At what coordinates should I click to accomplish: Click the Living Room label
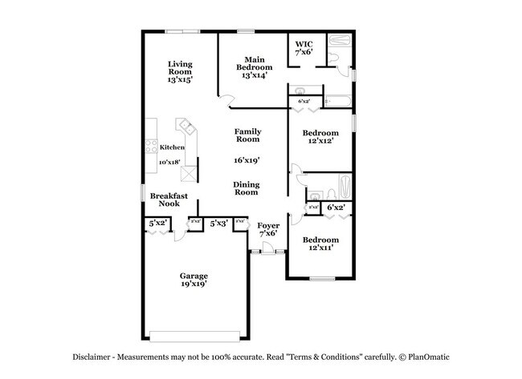[179, 73]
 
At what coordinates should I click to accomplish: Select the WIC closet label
[304, 48]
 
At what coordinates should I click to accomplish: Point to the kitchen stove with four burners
[150, 147]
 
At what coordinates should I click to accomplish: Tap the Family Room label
[247, 135]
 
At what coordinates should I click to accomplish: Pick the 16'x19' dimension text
[247, 160]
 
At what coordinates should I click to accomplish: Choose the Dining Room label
[247, 188]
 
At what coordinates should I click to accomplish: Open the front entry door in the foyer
[267, 252]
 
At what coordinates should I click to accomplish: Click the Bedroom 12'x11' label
[320, 244]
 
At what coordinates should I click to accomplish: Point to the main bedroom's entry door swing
[228, 102]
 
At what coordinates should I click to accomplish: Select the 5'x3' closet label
[218, 224]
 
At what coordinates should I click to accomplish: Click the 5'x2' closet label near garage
[158, 223]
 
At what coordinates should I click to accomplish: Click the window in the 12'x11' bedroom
[322, 279]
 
